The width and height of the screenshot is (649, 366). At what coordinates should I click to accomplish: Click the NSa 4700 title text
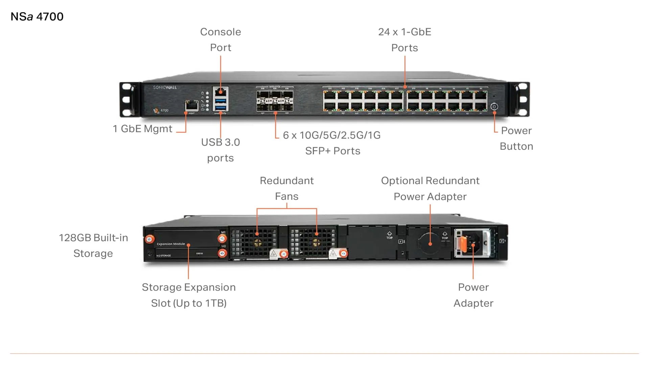coord(37,17)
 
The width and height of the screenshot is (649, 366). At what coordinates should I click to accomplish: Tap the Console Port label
coord(221,40)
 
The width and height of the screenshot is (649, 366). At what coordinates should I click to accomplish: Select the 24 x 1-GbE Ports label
coord(404,40)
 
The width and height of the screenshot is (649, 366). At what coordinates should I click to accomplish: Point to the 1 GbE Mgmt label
coord(142,129)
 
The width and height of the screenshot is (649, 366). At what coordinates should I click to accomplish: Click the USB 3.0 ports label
coord(221,150)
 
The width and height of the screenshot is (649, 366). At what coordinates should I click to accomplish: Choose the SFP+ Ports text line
coord(332,151)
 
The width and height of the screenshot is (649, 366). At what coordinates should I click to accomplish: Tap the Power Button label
coord(516,138)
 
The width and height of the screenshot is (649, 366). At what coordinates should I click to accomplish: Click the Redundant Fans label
coord(286,188)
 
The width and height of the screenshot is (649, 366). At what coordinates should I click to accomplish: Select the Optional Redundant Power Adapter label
coord(430,188)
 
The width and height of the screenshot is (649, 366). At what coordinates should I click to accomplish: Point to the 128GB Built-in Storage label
coord(93,245)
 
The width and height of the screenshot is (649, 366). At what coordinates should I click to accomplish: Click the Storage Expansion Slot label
coord(189,295)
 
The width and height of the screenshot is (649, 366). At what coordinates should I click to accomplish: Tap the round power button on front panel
coord(494,107)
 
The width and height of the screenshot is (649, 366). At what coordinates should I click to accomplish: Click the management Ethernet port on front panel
coord(191,105)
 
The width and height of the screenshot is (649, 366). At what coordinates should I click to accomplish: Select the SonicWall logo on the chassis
coord(165,87)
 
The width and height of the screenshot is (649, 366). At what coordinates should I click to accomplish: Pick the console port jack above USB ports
coord(221,92)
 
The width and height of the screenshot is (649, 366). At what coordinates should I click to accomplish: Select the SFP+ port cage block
coord(275,101)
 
